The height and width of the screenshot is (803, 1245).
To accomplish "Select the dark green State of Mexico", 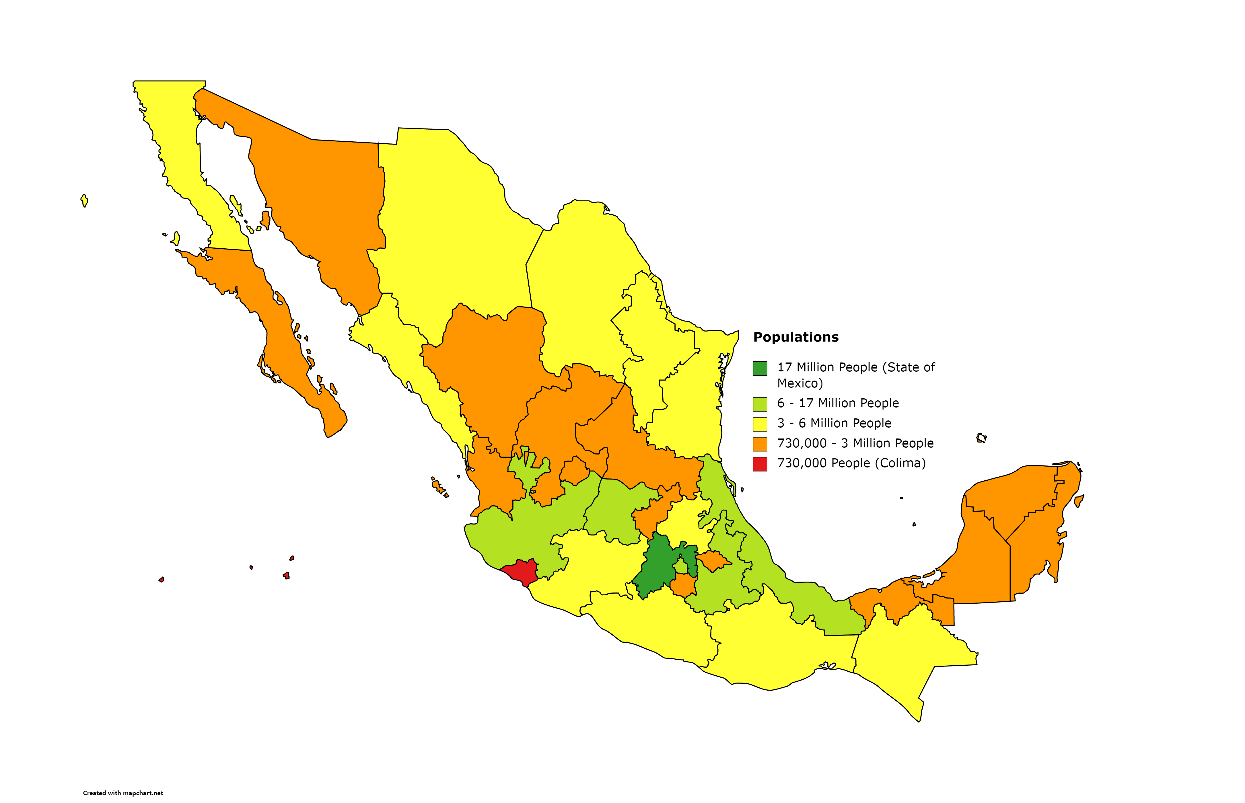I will (x=656, y=568).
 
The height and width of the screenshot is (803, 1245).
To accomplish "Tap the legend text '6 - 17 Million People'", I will (x=838, y=403).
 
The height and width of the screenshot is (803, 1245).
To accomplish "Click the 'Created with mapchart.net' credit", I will (x=123, y=793).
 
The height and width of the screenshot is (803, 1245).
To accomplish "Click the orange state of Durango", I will (x=490, y=365).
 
